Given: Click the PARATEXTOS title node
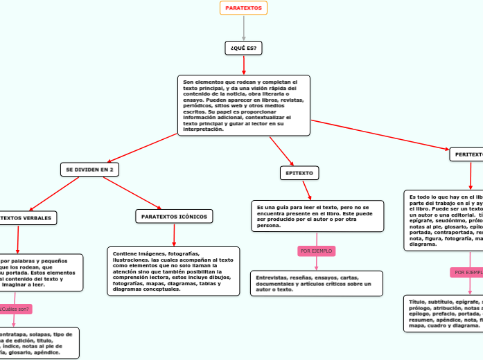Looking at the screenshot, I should point(243,8).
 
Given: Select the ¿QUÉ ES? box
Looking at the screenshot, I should point(243,48).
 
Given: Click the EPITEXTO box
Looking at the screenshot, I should point(299,172).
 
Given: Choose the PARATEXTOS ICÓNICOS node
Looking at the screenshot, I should point(174,217).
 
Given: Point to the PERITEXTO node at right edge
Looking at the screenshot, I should point(466,154).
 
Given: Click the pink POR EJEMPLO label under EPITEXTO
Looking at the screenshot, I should point(316,250).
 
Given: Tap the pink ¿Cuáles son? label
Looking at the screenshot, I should point(15,309).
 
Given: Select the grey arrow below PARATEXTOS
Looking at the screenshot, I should point(244,28).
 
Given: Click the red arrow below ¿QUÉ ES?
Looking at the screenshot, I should point(244,64).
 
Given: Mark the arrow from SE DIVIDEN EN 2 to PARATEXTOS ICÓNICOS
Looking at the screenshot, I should point(132,192).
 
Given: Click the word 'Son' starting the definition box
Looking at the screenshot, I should point(188,81).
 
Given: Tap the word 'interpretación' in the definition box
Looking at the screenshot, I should point(203,129).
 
